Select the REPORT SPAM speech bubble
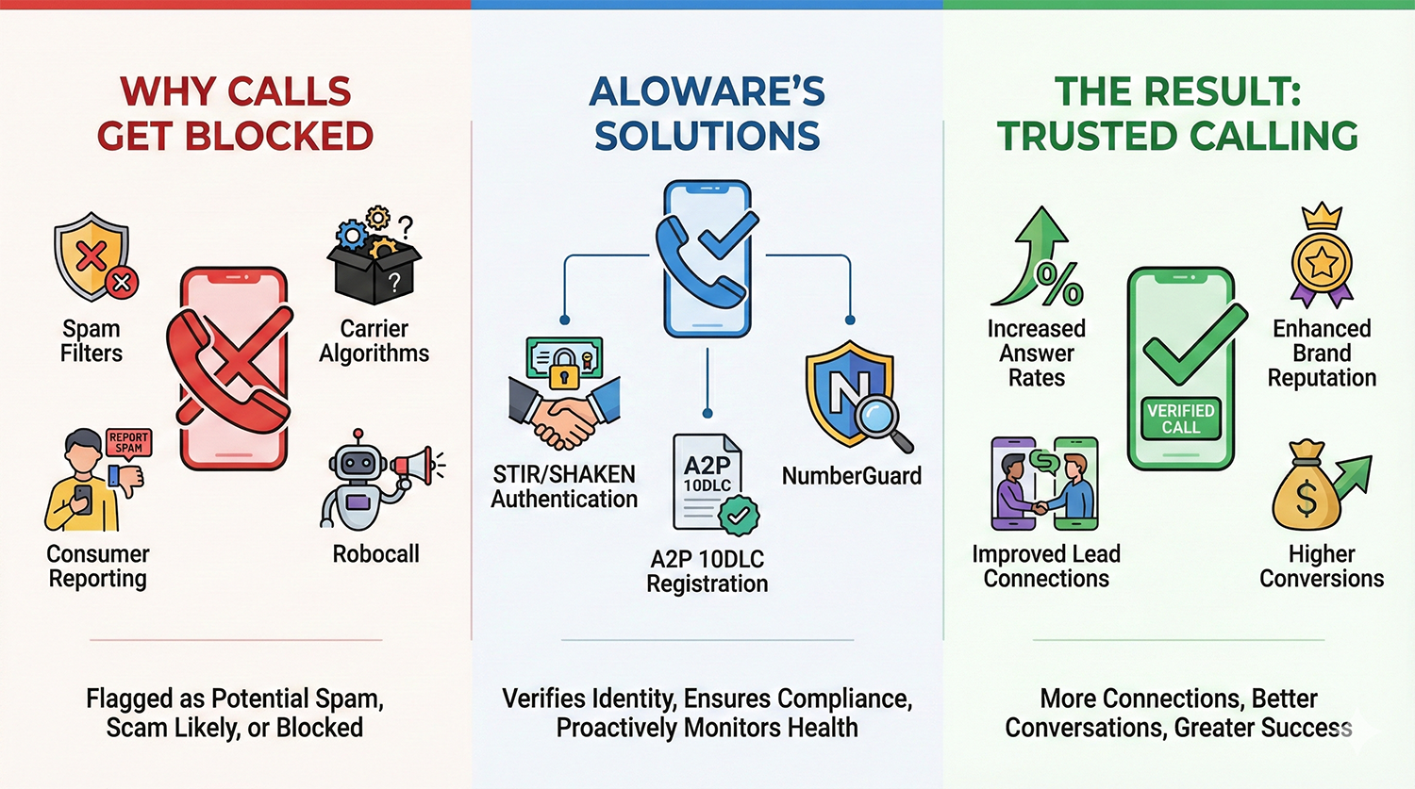pyautogui.click(x=128, y=443)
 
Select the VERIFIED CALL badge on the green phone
pyautogui.click(x=1180, y=419)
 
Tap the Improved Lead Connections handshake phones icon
pyautogui.click(x=1045, y=485)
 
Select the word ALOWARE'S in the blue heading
pyautogui.click(x=707, y=92)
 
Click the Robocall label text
pyautogui.click(x=375, y=554)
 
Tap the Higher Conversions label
pyautogui.click(x=1322, y=566)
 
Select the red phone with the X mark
pyautogui.click(x=232, y=368)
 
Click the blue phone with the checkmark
pyautogui.click(x=707, y=259)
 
